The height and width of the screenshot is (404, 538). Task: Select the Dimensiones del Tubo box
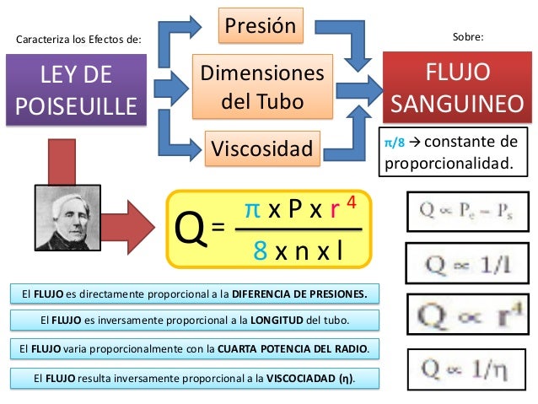point(261,89)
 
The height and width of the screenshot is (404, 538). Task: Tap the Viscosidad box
point(261,149)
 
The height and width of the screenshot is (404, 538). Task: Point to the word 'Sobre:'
point(468,37)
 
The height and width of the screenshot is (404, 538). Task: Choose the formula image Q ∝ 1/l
point(461,261)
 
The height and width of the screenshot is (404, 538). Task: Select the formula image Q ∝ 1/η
point(462,369)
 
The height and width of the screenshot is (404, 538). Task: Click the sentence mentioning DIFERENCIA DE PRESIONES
point(195,294)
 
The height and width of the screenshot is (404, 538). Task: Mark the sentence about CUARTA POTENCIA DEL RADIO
point(195,347)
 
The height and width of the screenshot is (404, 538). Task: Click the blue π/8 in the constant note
point(394,143)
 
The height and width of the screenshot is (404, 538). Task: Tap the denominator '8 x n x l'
point(298,251)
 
